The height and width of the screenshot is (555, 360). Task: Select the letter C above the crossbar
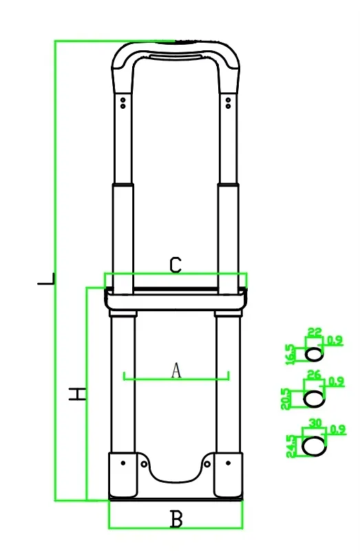coord(176,265)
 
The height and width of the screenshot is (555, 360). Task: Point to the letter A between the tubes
coord(176,370)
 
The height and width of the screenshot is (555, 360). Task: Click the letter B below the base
coord(176,519)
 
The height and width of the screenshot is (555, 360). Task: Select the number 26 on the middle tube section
coord(314,375)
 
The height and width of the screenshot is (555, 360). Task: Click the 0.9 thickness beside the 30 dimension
coord(337,429)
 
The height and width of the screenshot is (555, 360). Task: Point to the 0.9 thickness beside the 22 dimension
coord(335,339)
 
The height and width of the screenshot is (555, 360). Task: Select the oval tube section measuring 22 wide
coord(314,354)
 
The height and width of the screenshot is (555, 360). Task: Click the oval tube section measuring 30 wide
coord(315,446)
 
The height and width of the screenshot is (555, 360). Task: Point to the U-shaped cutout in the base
coord(176,472)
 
